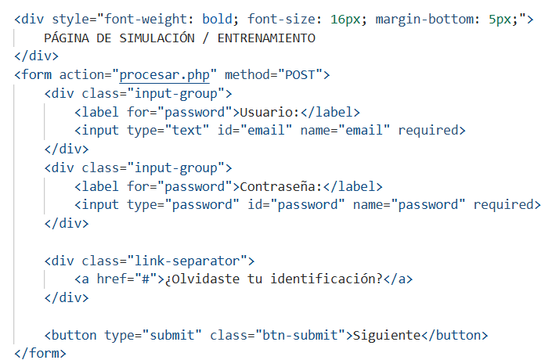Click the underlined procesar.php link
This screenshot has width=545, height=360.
click(x=164, y=75)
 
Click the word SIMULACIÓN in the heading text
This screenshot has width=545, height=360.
click(x=157, y=38)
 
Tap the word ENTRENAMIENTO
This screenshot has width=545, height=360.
click(x=266, y=38)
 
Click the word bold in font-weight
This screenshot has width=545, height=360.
click(x=217, y=19)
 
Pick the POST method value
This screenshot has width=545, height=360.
click(x=300, y=74)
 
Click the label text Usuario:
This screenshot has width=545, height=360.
click(x=269, y=112)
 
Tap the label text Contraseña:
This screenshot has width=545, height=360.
click(x=281, y=186)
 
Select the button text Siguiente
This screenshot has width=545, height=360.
click(x=387, y=336)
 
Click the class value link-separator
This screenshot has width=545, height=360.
click(x=187, y=261)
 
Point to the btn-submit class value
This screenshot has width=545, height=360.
click(x=301, y=335)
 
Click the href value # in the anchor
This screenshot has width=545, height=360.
click(x=146, y=279)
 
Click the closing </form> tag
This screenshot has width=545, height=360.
click(x=40, y=354)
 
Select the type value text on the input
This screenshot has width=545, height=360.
click(x=187, y=131)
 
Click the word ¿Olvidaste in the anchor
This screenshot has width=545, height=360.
click(x=202, y=279)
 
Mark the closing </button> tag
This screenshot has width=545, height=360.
click(x=455, y=335)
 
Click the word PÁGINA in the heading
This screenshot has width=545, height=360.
click(x=67, y=38)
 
